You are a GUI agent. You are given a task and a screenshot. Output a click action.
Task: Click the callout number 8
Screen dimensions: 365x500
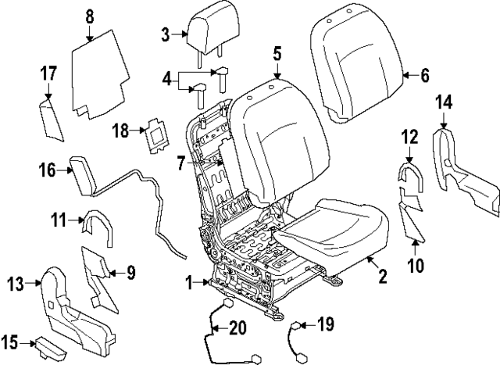pyautogui.click(x=89, y=15)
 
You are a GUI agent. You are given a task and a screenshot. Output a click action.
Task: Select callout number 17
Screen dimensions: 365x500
pyautogui.click(x=48, y=73)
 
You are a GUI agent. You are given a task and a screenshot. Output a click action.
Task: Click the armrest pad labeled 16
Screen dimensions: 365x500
pyautogui.click(x=83, y=170)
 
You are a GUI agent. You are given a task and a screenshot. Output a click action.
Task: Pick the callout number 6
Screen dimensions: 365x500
pyautogui.click(x=425, y=76)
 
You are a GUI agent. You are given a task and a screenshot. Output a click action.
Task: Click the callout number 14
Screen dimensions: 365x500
pyautogui.click(x=444, y=101)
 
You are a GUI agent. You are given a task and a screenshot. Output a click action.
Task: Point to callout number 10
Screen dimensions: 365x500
pyautogui.click(x=415, y=265)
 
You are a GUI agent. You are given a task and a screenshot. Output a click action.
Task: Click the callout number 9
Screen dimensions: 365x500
pyautogui.click(x=131, y=273)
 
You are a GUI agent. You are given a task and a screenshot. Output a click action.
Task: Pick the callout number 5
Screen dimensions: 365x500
pyautogui.click(x=277, y=55)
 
